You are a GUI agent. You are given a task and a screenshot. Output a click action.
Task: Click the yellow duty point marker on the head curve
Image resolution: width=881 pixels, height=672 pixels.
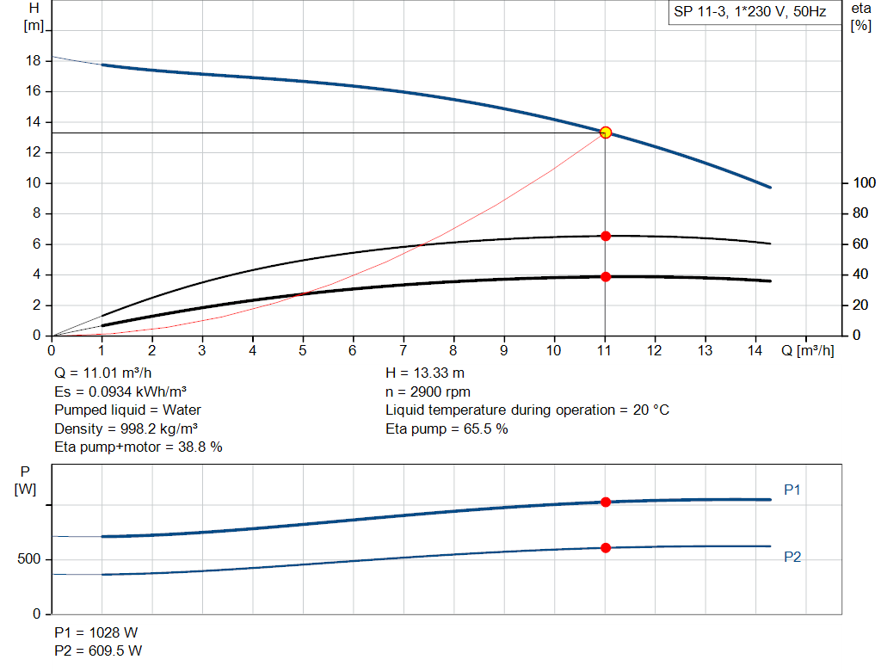pyautogui.click(x=606, y=133)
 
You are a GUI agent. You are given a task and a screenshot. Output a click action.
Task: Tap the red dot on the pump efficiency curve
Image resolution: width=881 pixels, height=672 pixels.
pyautogui.click(x=606, y=236)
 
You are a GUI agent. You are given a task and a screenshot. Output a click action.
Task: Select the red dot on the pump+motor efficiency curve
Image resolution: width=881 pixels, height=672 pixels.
pyautogui.click(x=606, y=276)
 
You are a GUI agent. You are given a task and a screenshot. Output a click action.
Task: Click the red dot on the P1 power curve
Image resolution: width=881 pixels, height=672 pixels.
pyautogui.click(x=606, y=502)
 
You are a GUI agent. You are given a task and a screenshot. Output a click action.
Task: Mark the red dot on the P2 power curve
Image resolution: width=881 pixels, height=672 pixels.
pyautogui.click(x=606, y=547)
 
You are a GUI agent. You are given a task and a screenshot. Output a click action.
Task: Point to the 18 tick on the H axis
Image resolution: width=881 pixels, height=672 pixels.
pyautogui.click(x=34, y=61)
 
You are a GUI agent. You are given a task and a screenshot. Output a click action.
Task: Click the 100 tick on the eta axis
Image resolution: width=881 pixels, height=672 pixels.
pyautogui.click(x=862, y=183)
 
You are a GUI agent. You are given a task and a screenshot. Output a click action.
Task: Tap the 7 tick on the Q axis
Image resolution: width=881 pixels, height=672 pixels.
pyautogui.click(x=404, y=350)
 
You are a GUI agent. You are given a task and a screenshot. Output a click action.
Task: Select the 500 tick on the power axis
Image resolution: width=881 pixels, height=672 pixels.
pyautogui.click(x=29, y=559)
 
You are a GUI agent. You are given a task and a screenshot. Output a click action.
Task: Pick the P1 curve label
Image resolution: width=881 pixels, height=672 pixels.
pyautogui.click(x=792, y=490)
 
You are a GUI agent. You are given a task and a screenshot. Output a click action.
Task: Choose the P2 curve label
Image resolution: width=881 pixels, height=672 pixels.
pyautogui.click(x=792, y=557)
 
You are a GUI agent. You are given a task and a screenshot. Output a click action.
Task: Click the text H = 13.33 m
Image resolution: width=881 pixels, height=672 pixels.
pyautogui.click(x=426, y=373)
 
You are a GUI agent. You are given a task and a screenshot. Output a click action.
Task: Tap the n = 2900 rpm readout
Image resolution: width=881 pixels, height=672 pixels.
pyautogui.click(x=429, y=391)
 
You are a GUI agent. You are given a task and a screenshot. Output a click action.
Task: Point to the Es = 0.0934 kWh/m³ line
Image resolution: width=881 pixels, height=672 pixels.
pyautogui.click(x=120, y=391)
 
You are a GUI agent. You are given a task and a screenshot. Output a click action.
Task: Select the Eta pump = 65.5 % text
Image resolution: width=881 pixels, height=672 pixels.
pyautogui.click(x=447, y=428)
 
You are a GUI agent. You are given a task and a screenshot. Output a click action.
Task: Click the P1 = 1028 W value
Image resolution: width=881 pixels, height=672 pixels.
pyautogui.click(x=95, y=632)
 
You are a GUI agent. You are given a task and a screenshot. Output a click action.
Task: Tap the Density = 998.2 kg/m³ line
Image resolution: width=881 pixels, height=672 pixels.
pyautogui.click(x=129, y=428)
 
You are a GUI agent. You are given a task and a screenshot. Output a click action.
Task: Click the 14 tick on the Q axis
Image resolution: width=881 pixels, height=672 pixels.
pyautogui.click(x=755, y=350)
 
